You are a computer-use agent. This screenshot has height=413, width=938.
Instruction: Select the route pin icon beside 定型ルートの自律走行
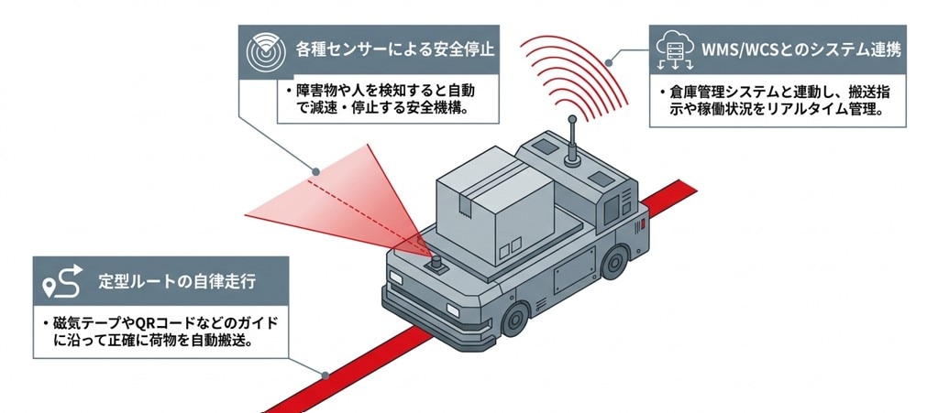[62, 282]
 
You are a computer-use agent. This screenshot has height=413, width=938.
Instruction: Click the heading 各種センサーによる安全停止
[395, 49]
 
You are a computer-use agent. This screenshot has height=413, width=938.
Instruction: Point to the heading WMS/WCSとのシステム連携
[801, 49]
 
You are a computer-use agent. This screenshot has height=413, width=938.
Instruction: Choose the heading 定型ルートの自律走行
[176, 281]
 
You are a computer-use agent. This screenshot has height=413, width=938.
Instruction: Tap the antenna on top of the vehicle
[572, 142]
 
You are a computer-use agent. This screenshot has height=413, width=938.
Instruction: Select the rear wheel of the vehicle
[614, 261]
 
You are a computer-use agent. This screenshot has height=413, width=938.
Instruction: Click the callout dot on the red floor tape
[325, 376]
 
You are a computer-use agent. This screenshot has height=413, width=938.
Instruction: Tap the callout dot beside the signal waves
[610, 61]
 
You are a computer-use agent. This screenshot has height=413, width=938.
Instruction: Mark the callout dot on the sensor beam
[315, 171]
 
